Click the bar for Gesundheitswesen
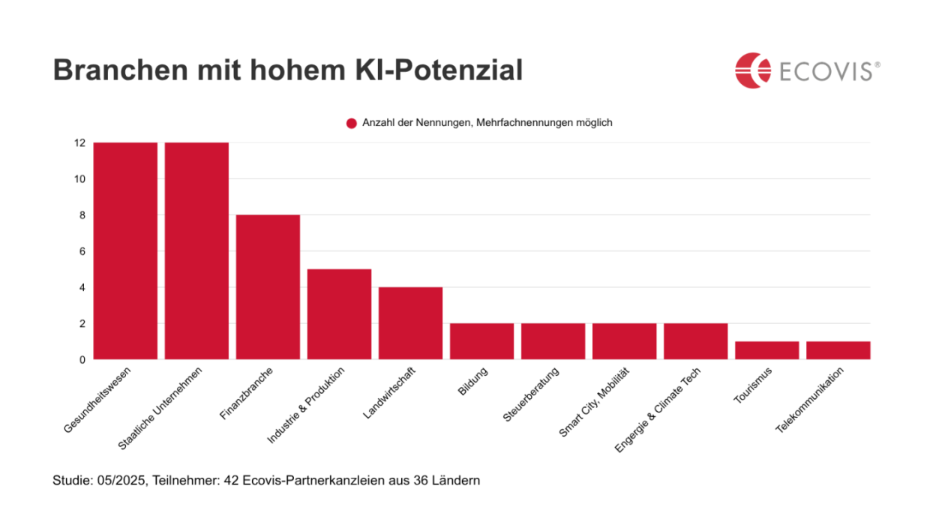[125, 250]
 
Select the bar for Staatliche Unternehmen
[196, 250]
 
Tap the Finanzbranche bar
[268, 287]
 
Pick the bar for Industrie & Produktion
[339, 314]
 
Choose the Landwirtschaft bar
[410, 323]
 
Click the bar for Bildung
[481, 341]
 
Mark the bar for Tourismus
[766, 350]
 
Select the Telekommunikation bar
[838, 350]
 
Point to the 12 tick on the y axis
[79, 142]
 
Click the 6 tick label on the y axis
[82, 251]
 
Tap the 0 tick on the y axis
[82, 360]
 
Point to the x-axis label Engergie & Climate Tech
[658, 409]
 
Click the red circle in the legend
[351, 123]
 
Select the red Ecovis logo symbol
[752, 70]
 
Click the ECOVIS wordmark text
[826, 71]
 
